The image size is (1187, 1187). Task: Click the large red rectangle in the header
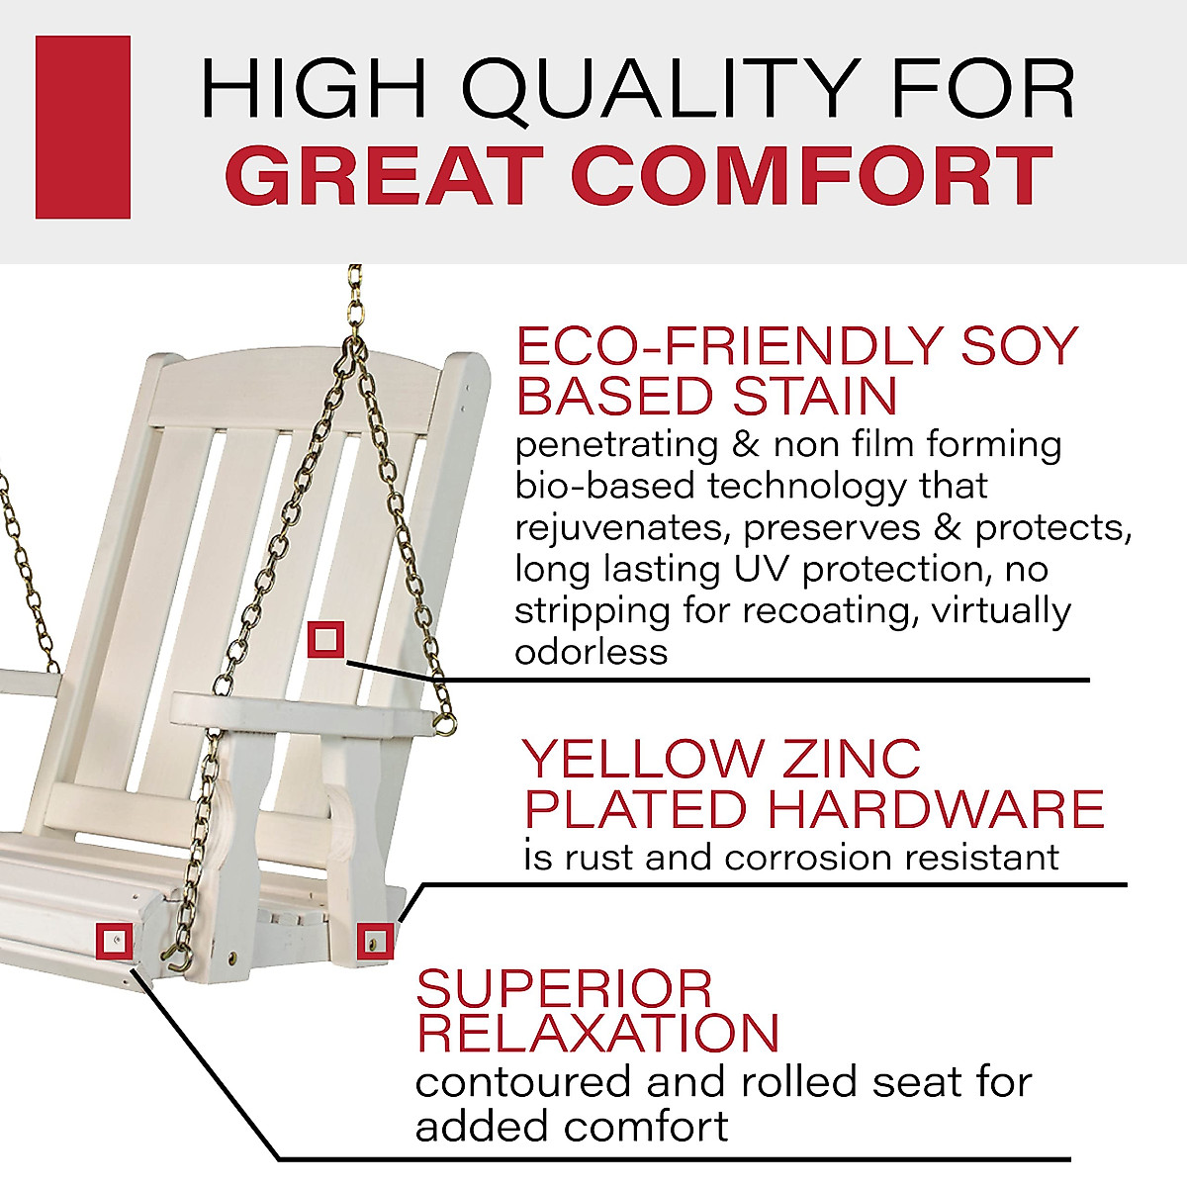click(x=83, y=127)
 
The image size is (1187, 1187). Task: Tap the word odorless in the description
click(x=591, y=652)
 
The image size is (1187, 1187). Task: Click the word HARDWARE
click(x=936, y=809)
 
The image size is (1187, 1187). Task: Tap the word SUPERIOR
click(x=564, y=988)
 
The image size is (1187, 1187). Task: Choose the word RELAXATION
click(x=597, y=1033)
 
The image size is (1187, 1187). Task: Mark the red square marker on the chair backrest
click(x=325, y=640)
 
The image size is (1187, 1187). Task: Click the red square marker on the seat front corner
click(x=115, y=941)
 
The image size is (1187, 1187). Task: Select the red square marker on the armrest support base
click(x=375, y=941)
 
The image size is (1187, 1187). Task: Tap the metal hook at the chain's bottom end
click(x=178, y=956)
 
